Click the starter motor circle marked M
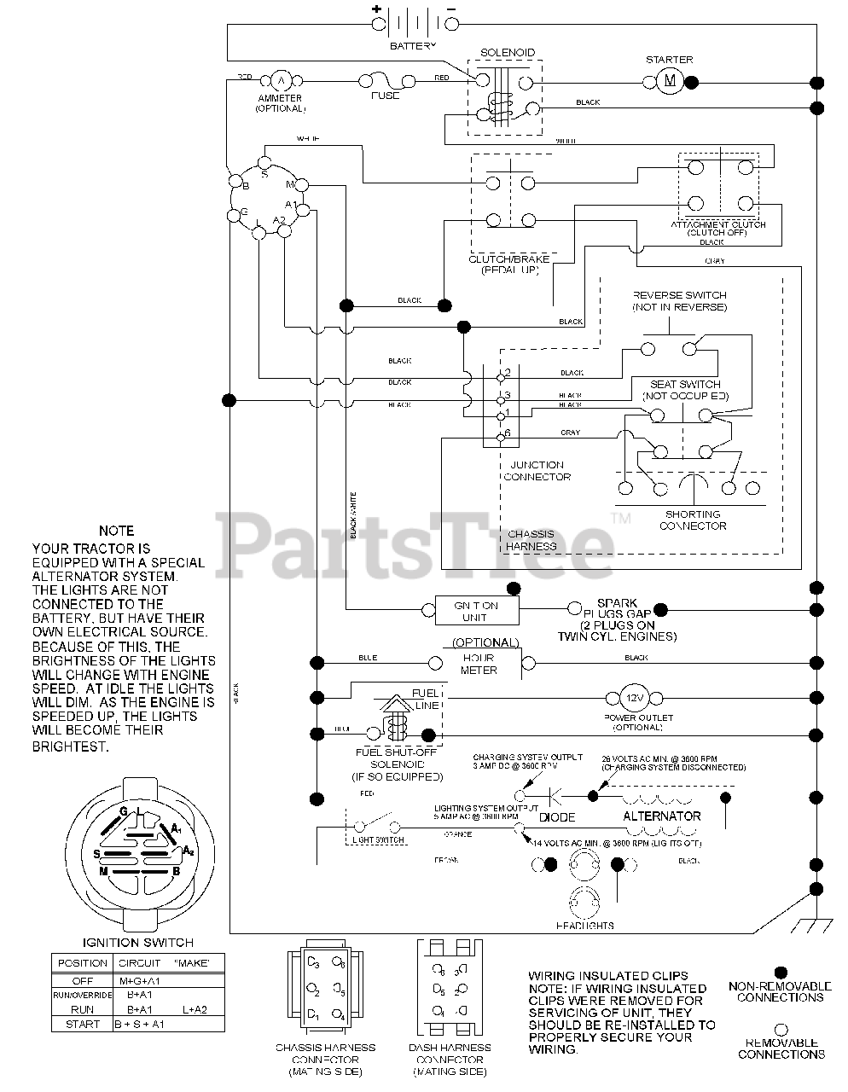click(x=670, y=82)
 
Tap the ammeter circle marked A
click(x=281, y=81)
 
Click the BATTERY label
click(x=412, y=44)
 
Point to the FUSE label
click(x=385, y=96)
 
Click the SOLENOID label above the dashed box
click(x=507, y=53)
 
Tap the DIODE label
click(x=557, y=817)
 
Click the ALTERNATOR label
click(x=662, y=816)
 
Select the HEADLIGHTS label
click(x=584, y=926)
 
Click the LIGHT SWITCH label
click(x=379, y=840)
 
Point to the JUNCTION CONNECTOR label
click(x=537, y=471)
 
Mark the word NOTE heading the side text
click(x=116, y=531)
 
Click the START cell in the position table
click(x=82, y=1024)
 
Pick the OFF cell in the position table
click(x=82, y=981)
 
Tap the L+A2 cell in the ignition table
click(x=195, y=1009)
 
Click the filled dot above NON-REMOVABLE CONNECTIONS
click(x=780, y=972)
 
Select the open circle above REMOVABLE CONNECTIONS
click(x=780, y=1030)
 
